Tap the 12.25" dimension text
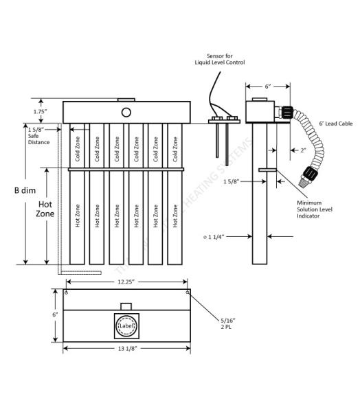coord(126,282)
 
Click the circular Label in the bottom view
coord(126,325)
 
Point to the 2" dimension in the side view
coord(303,150)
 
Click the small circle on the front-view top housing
coord(126,112)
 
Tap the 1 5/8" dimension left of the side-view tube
coord(234,181)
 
